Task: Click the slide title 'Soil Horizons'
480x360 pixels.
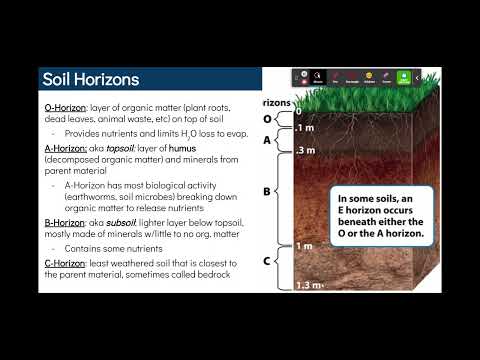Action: pyautogui.click(x=91, y=79)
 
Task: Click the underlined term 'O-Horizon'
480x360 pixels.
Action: pyautogui.click(x=64, y=105)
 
